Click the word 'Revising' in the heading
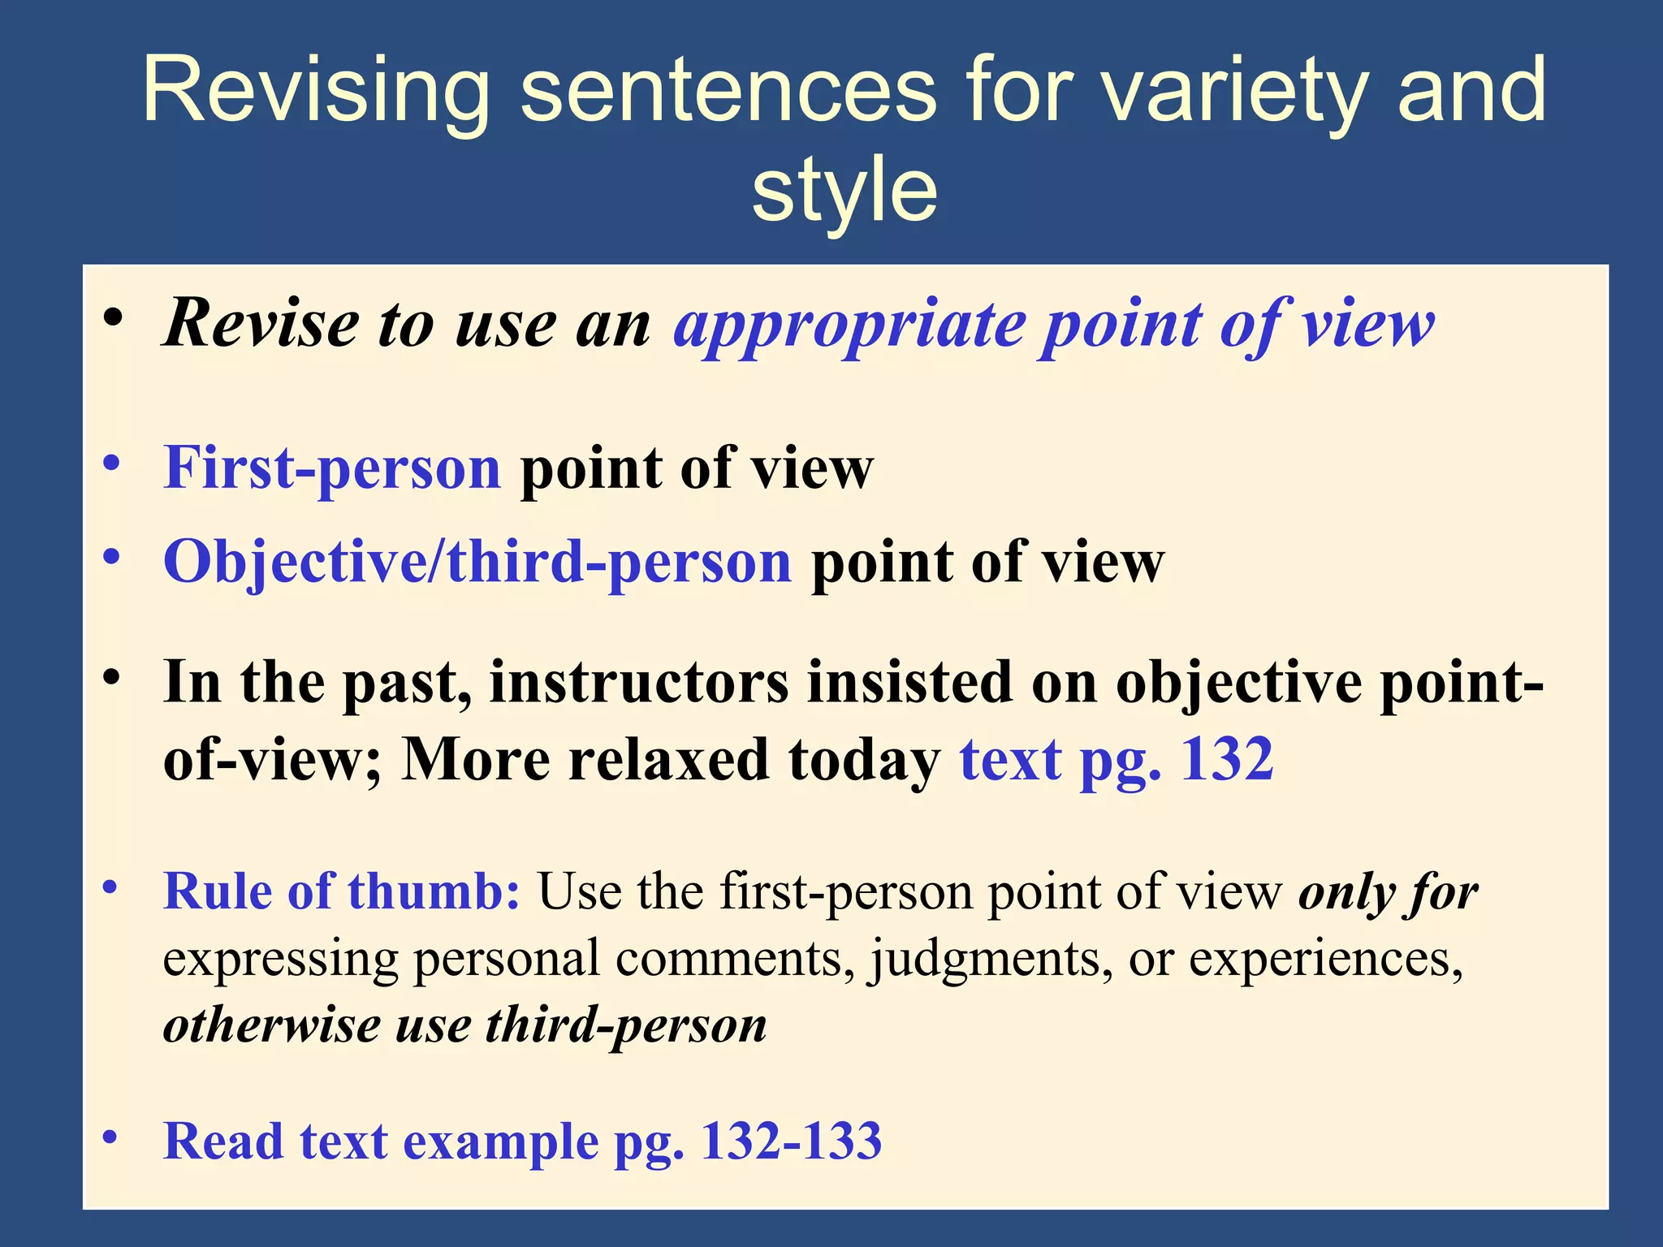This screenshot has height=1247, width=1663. coord(316,91)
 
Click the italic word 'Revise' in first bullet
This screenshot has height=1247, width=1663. coord(261,323)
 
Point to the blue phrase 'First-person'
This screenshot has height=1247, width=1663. coord(332,468)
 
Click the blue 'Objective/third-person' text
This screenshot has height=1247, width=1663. coord(477,562)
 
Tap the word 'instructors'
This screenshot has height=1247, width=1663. coord(639,682)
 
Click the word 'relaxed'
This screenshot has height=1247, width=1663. coord(668,760)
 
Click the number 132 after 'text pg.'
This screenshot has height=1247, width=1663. coord(1226,760)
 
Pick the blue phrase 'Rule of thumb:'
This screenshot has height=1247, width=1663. coord(342,891)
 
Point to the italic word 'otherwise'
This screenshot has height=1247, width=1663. coord(272,1025)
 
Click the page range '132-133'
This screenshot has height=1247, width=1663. coord(791,1141)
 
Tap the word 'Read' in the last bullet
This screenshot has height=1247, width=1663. coord(222,1141)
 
